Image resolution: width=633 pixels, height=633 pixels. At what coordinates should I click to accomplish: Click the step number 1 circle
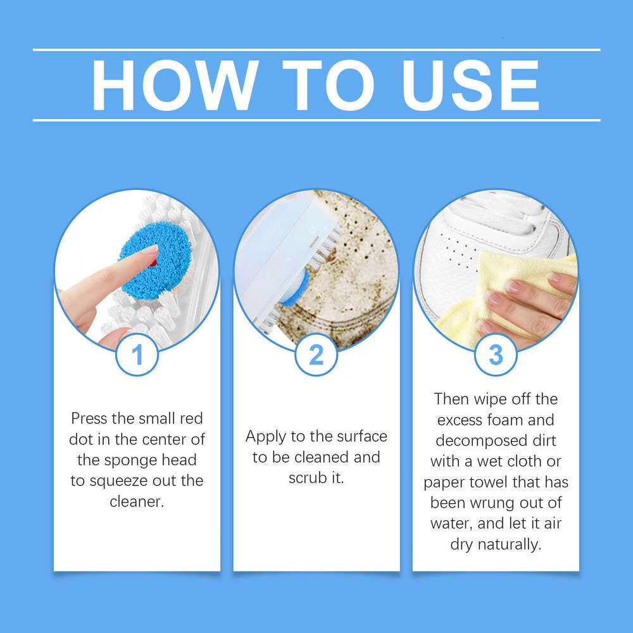pyautogui.click(x=137, y=355)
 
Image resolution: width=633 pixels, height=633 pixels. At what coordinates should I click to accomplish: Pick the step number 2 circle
pyautogui.click(x=316, y=355)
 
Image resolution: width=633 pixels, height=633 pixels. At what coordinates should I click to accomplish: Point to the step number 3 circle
pyautogui.click(x=496, y=355)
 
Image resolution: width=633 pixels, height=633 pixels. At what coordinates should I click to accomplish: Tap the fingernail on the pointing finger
pyautogui.click(x=149, y=249)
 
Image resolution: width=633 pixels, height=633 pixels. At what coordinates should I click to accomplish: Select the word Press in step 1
pyautogui.click(x=89, y=418)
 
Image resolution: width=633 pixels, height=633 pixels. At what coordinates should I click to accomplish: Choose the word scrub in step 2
pyautogui.click(x=306, y=478)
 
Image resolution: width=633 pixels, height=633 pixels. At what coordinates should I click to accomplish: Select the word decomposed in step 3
pyautogui.click(x=474, y=441)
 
